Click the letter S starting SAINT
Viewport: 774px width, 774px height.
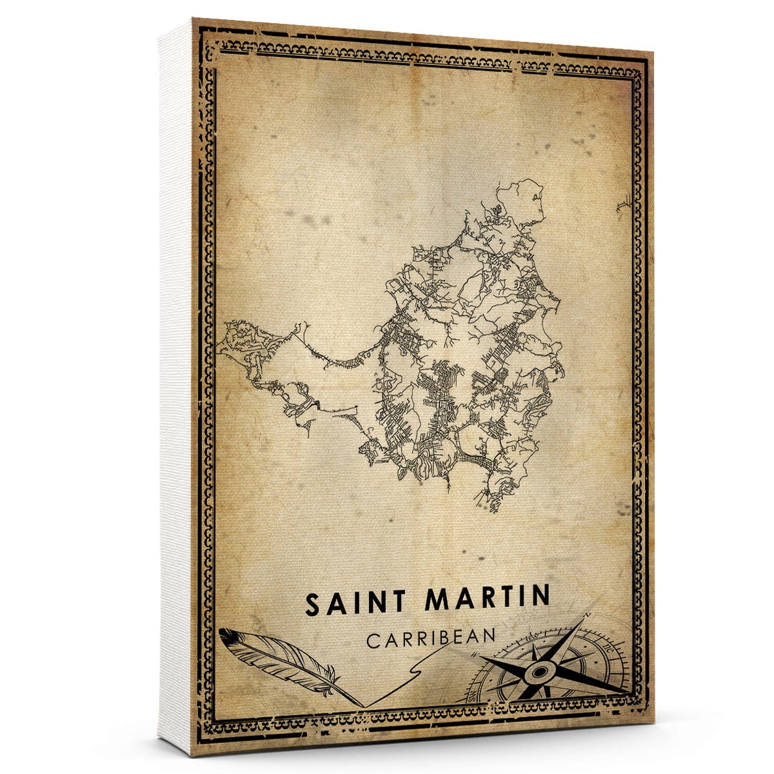tap(313, 605)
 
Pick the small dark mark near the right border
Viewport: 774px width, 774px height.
tap(624, 205)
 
